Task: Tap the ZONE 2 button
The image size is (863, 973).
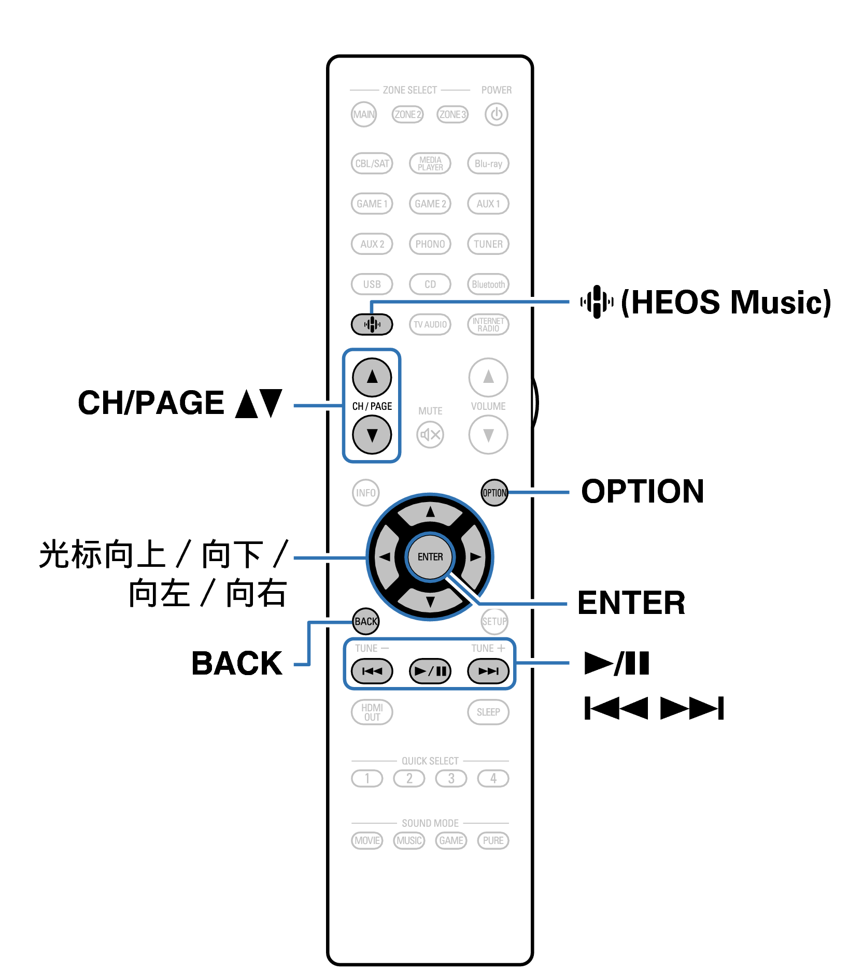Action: pyautogui.click(x=408, y=115)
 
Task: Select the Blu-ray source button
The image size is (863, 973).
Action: pyautogui.click(x=488, y=164)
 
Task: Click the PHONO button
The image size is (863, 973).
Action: pyautogui.click(x=430, y=244)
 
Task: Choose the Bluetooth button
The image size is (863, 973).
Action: pyautogui.click(x=488, y=284)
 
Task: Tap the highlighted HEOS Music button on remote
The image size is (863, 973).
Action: pyautogui.click(x=372, y=325)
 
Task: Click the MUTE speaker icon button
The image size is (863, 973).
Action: pyautogui.click(x=430, y=435)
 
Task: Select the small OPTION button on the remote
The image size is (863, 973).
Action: pyautogui.click(x=494, y=493)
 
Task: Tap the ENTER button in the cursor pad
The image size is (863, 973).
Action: pyautogui.click(x=430, y=557)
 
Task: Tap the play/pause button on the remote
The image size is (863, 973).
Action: pyautogui.click(x=430, y=671)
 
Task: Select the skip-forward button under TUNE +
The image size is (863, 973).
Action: pyautogui.click(x=488, y=671)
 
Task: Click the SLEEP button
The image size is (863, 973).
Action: pyautogui.click(x=488, y=712)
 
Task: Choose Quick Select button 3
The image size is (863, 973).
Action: pyautogui.click(x=451, y=778)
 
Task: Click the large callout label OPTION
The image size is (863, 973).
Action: pyautogui.click(x=642, y=491)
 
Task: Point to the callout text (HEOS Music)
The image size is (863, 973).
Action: pyautogui.click(x=726, y=302)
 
